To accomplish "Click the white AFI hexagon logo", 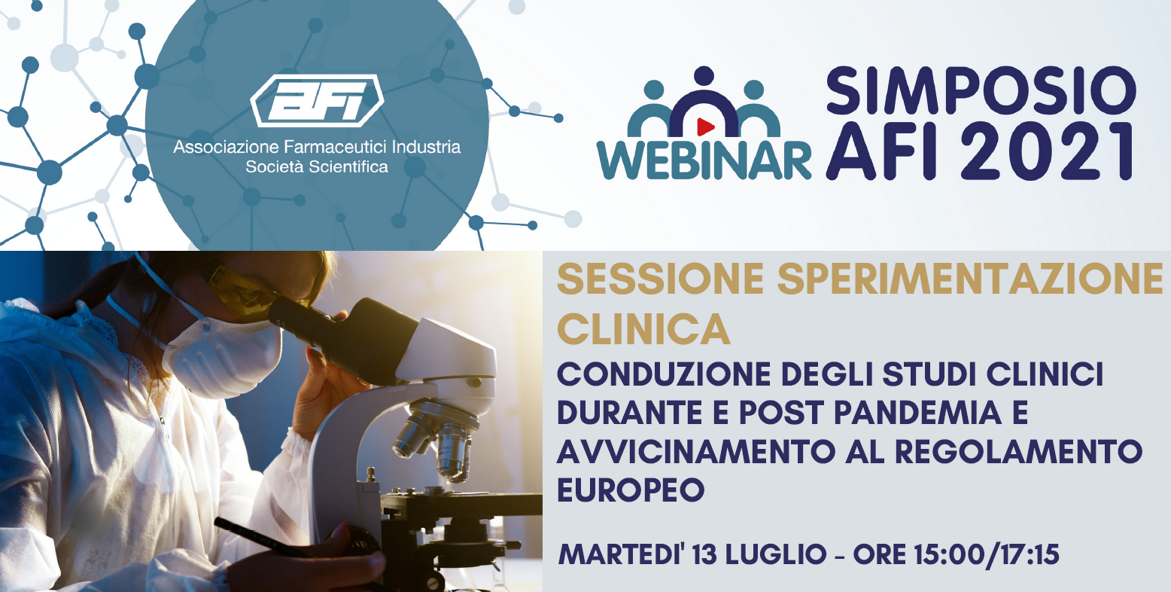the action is point(318,101).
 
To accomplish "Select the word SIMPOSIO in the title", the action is point(981,90).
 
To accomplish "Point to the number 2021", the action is point(1047,151).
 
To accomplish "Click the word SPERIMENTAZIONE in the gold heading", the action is point(970,279).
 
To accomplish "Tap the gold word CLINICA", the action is point(643,329).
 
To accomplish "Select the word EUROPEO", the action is point(631,490).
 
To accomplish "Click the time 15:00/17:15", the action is point(987,555).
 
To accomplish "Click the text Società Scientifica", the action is point(317,166).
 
